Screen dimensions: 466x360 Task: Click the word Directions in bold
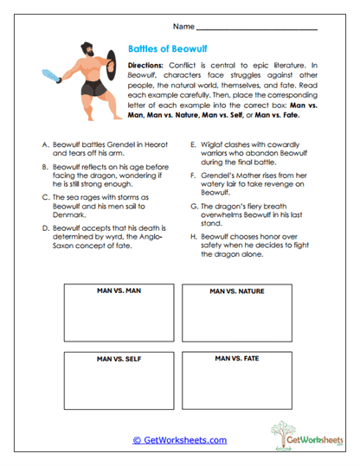[148, 66]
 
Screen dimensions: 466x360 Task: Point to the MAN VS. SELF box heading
[114, 358]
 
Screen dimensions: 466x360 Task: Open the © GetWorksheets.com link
[179, 439]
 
